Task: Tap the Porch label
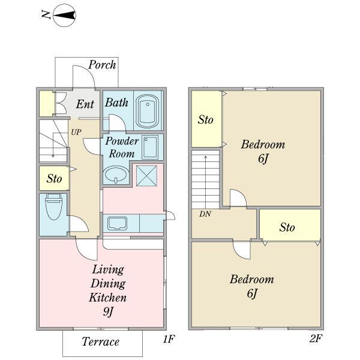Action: pos(102,65)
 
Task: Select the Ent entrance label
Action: pos(85,104)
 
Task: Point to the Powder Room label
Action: pos(122,147)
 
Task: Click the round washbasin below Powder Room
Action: pos(115,175)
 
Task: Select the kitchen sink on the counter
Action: pos(116,224)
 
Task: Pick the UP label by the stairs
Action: pos(76,131)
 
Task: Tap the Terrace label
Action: pos(101,342)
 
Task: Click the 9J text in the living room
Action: pos(109,311)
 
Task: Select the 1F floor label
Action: pos(168,340)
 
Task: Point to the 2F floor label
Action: pos(316,340)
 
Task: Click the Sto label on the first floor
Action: pos(55,179)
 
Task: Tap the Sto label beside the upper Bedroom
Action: pos(206,120)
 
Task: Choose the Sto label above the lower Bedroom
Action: pos(287,227)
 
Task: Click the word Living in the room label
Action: pos(108,269)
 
